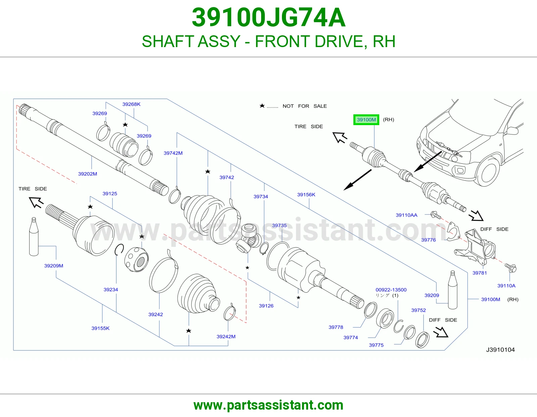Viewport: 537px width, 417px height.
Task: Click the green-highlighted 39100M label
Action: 366,120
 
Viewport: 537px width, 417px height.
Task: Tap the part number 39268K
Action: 131,104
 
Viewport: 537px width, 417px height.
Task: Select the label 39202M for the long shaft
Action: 88,174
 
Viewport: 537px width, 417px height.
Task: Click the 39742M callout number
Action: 173,153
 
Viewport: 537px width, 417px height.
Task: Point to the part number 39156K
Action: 306,195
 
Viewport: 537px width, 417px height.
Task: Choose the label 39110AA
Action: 406,215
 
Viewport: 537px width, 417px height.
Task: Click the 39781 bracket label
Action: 480,273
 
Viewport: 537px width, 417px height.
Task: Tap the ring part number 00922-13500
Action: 391,290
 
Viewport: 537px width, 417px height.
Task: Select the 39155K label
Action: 100,328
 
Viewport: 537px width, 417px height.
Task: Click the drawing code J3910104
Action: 500,350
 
